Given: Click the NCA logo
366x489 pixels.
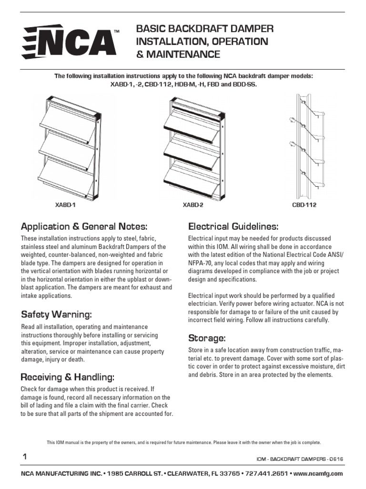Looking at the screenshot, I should (x=71, y=43).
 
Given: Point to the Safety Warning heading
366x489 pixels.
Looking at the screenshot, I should (x=56, y=315).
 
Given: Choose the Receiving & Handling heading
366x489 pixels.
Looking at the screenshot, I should (x=68, y=377).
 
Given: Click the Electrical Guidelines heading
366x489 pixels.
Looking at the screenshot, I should (x=234, y=226).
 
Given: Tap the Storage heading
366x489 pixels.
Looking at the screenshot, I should (x=207, y=339).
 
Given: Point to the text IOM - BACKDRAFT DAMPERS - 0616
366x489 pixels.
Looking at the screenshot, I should (x=300, y=459).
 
